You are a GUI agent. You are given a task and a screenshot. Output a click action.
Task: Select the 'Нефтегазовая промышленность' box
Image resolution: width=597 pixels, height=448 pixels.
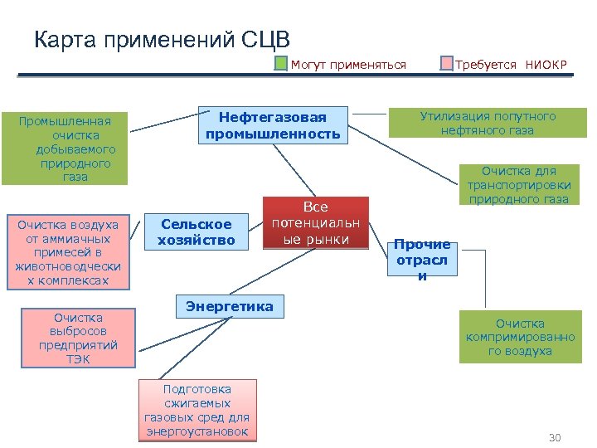(273, 125)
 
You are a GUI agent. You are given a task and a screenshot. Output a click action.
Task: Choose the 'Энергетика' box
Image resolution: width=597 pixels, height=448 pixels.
(229, 306)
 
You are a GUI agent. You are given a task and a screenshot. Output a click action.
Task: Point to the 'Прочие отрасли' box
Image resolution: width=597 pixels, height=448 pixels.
(422, 259)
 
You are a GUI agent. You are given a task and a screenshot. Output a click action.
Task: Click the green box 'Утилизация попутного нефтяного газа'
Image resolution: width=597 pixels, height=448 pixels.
(488, 124)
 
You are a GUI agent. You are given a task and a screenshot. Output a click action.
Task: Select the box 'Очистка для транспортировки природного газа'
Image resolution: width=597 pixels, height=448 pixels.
(518, 184)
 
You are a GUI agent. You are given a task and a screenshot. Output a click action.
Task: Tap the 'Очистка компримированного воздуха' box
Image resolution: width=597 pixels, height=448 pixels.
(520, 337)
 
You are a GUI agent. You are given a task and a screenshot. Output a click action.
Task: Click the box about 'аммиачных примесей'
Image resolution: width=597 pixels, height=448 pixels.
(67, 252)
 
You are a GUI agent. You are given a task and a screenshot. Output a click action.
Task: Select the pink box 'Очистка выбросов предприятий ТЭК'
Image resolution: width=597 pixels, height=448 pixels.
(78, 338)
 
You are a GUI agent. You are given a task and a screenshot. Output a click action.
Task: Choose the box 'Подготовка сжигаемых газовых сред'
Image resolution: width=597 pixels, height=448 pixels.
(197, 410)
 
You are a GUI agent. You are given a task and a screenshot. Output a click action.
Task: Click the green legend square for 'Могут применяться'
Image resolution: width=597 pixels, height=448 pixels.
(282, 64)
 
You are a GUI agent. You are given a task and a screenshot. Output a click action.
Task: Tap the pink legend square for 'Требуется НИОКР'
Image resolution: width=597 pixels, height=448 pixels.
(447, 64)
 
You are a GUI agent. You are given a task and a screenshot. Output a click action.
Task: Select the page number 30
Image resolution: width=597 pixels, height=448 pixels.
(555, 437)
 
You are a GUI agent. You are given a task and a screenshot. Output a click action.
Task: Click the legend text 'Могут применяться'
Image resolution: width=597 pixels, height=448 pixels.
(348, 65)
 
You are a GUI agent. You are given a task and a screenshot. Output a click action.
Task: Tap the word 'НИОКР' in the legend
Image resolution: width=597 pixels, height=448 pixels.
(546, 65)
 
